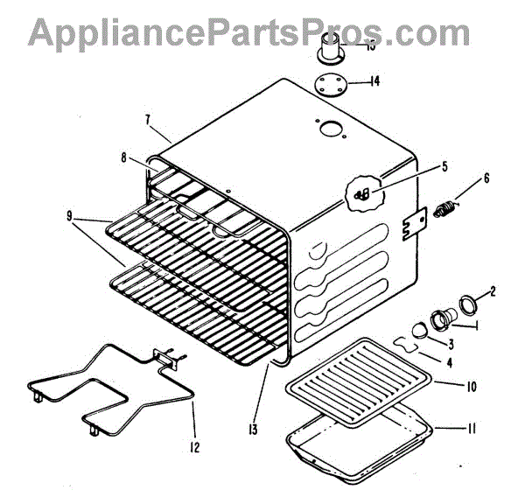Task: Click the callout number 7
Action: pyautogui.click(x=148, y=119)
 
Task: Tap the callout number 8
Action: pyautogui.click(x=125, y=157)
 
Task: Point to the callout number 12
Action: pyautogui.click(x=194, y=448)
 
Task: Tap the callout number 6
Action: pyautogui.click(x=486, y=178)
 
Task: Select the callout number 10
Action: pyautogui.click(x=470, y=384)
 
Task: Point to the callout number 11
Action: pyautogui.click(x=471, y=429)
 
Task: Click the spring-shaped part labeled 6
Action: pyautogui.click(x=447, y=210)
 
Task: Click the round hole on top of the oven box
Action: pyautogui.click(x=332, y=129)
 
